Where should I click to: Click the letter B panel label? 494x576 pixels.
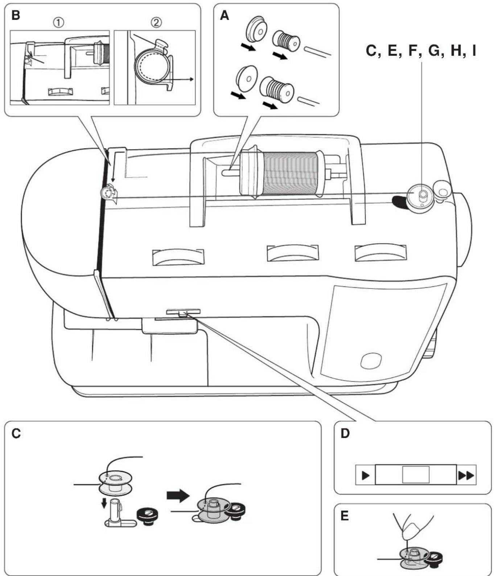tap(16, 15)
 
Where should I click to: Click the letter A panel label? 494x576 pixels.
tap(225, 15)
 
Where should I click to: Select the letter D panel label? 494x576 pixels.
tap(345, 433)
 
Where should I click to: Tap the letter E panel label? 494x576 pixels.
tap(345, 516)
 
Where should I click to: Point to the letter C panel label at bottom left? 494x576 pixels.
tap(16, 433)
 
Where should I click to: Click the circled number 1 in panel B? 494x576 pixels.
tap(59, 23)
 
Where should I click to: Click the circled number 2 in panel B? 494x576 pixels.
tap(156, 23)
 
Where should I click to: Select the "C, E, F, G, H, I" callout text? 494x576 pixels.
tap(421, 51)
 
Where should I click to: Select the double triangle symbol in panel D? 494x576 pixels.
tap(466, 475)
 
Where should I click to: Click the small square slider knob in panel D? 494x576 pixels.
tap(416, 474)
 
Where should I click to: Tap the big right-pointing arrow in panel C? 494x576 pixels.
tap(178, 495)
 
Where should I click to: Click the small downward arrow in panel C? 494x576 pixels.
tap(104, 503)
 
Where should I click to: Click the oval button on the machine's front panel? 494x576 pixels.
tap(371, 360)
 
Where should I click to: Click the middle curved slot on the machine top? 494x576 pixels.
tap(293, 253)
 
